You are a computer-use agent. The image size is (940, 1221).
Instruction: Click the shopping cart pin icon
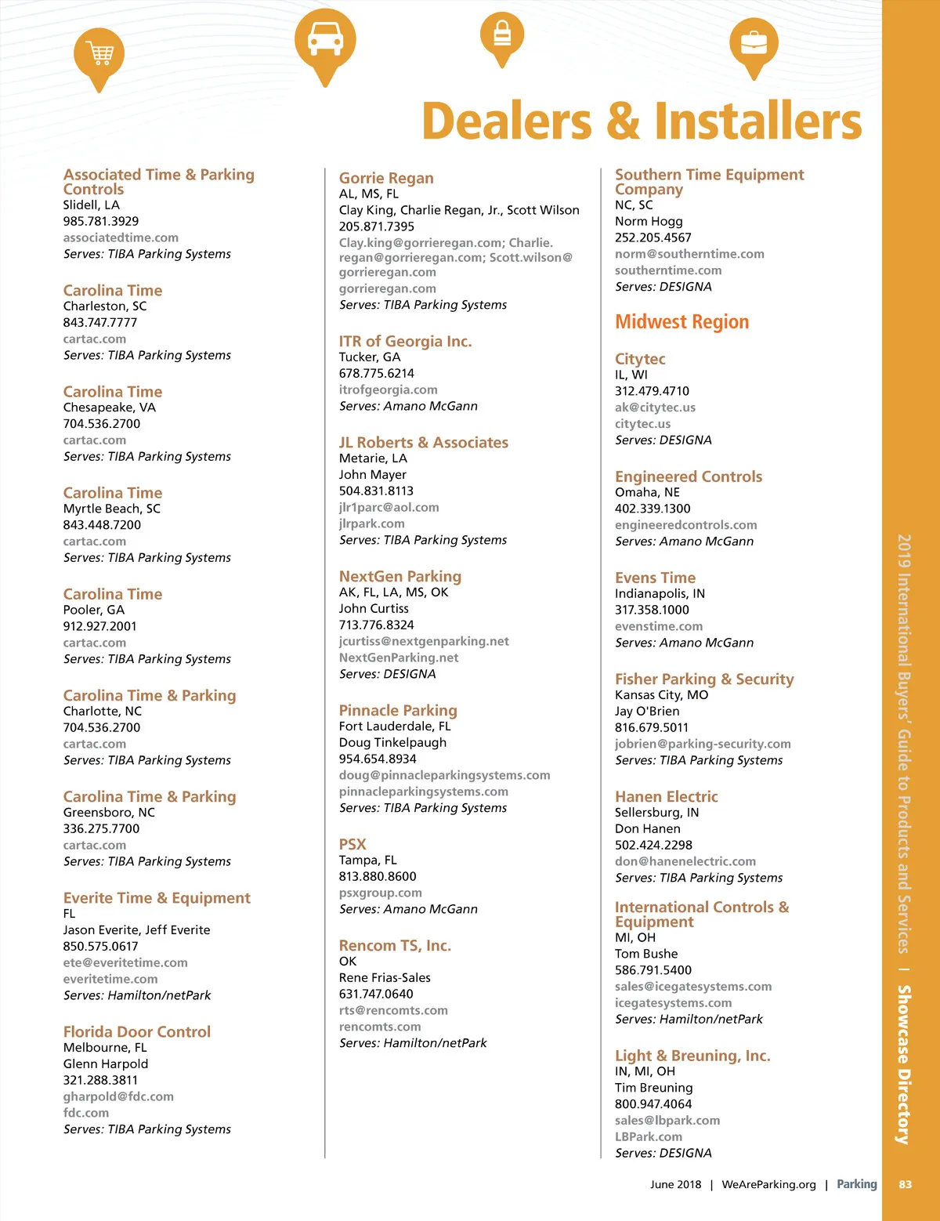click(99, 56)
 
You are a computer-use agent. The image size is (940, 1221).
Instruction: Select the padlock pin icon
click(502, 35)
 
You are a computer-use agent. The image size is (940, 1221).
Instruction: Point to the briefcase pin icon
click(754, 44)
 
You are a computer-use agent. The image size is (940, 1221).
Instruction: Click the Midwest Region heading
click(681, 322)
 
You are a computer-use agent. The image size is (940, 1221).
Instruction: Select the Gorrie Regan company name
click(386, 178)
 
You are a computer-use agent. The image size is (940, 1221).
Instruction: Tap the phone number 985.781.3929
click(101, 221)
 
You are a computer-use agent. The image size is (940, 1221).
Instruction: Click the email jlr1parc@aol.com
click(389, 507)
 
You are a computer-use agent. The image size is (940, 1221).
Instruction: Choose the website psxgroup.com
click(380, 893)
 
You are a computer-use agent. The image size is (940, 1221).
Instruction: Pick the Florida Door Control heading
click(137, 1031)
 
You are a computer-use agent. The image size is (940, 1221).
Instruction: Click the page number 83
click(905, 1184)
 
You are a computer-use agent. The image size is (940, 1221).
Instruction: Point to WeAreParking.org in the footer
click(768, 1184)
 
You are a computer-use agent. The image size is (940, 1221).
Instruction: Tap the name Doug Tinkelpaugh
click(392, 742)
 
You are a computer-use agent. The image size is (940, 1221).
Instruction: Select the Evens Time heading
click(655, 578)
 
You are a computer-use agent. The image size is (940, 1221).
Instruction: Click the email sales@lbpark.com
click(667, 1120)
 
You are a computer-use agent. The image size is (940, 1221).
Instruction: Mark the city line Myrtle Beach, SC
click(112, 509)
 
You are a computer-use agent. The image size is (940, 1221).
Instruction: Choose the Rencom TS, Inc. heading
click(395, 945)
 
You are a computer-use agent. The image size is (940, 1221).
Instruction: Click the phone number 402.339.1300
click(653, 509)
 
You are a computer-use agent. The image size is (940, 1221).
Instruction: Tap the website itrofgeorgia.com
click(388, 389)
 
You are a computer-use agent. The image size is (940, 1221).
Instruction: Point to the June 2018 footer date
click(675, 1184)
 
